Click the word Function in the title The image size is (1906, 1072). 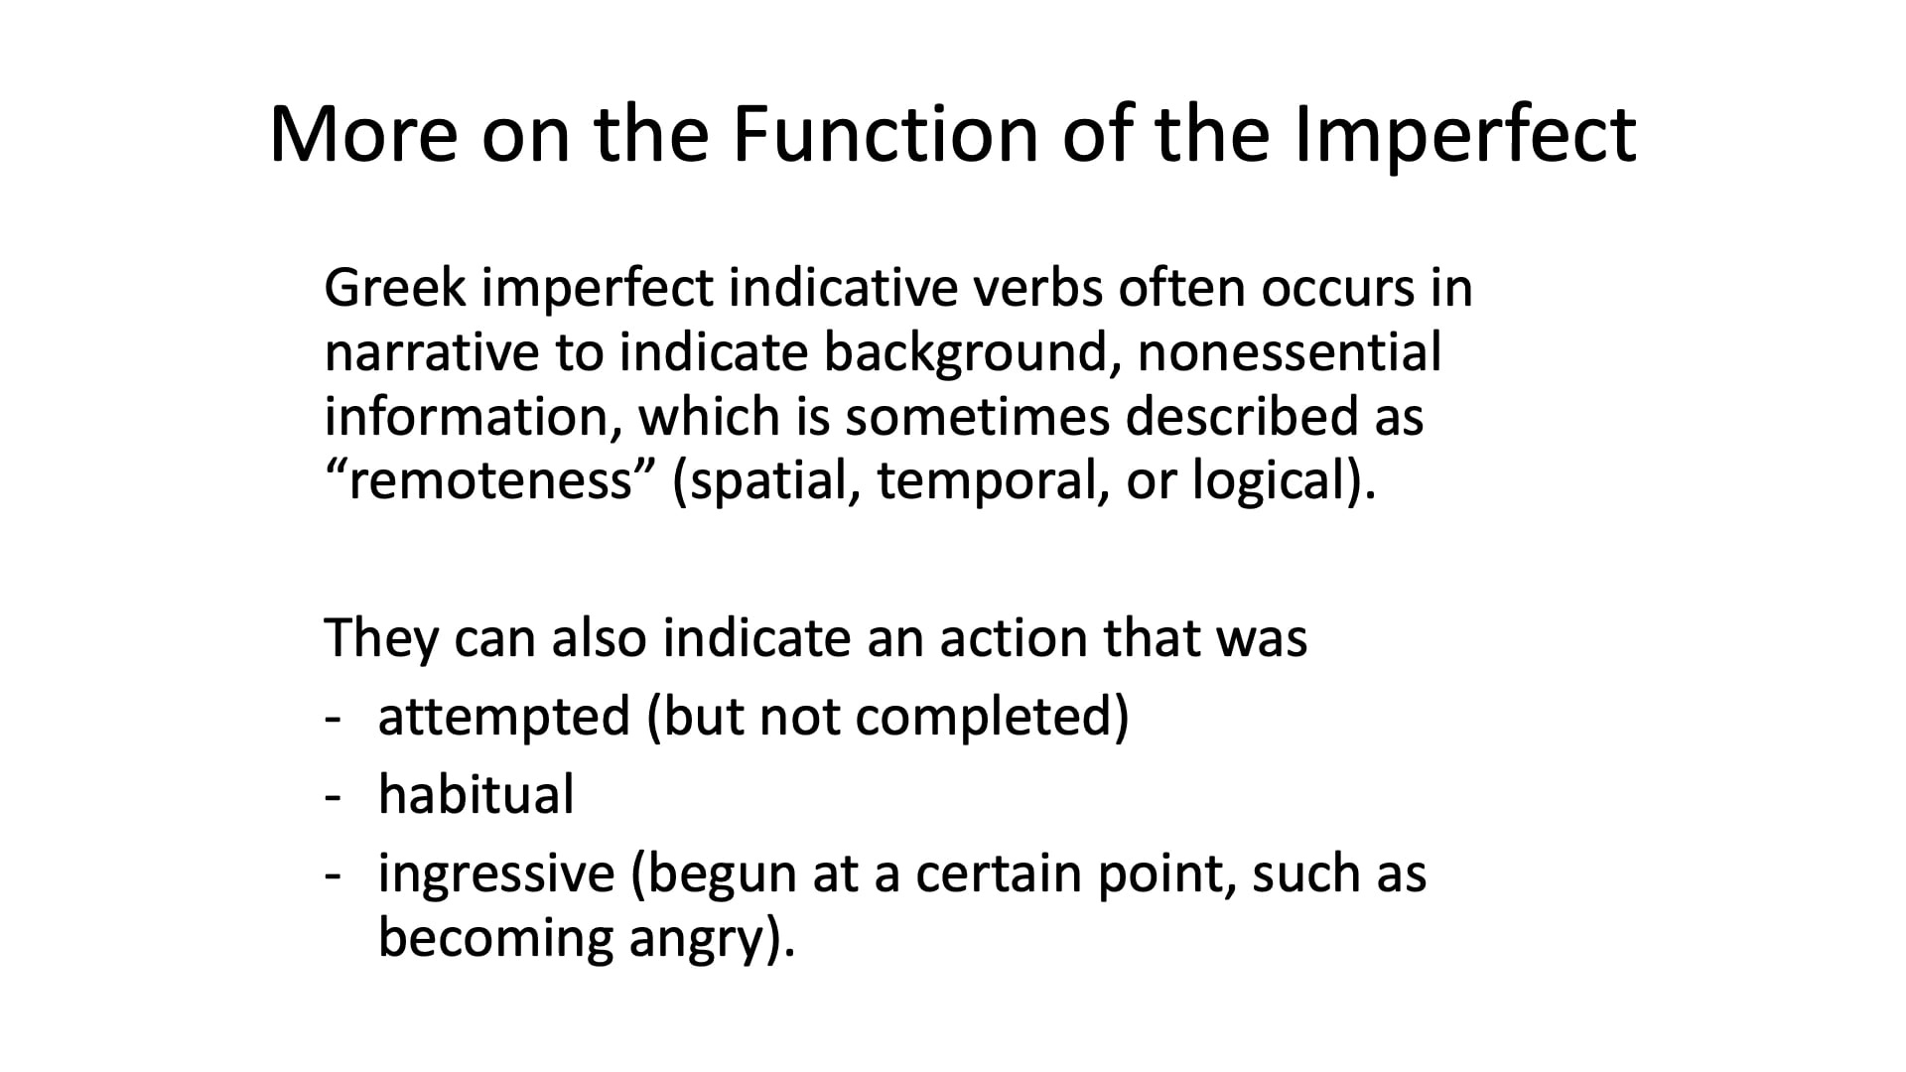[885, 134]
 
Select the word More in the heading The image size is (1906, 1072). [363, 134]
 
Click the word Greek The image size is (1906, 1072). [394, 289]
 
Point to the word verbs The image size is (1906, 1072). [1034, 289]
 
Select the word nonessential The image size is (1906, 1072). [1289, 353]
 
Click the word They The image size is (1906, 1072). [380, 638]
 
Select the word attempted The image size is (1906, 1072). [504, 718]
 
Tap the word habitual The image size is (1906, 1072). [476, 795]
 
